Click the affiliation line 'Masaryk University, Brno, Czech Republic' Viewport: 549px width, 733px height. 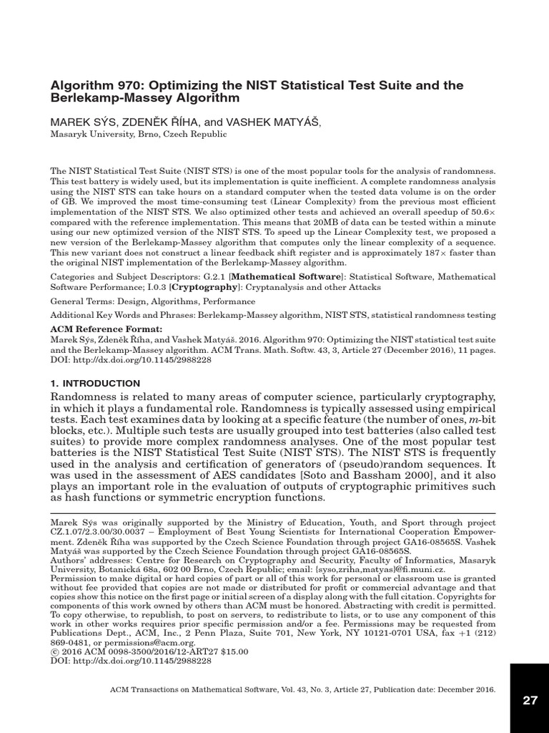tap(138, 134)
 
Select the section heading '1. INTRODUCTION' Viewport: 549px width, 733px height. tap(94, 384)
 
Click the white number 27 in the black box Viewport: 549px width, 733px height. tap(529, 700)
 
